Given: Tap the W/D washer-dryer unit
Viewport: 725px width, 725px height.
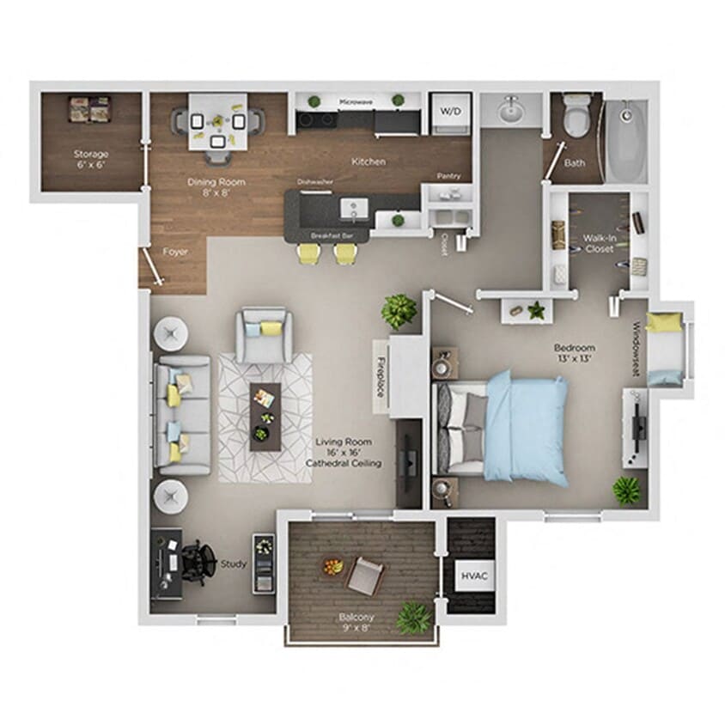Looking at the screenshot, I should pyautogui.click(x=449, y=113).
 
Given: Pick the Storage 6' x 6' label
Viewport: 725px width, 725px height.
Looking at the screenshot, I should pyautogui.click(x=89, y=159).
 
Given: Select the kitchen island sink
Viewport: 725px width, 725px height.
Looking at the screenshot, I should pyautogui.click(x=352, y=209).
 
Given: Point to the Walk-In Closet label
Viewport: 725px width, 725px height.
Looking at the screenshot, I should pyautogui.click(x=599, y=243).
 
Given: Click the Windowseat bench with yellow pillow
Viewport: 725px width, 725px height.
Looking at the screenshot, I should pyautogui.click(x=667, y=348).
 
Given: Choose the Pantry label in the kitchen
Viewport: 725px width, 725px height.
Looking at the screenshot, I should pyautogui.click(x=448, y=176).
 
